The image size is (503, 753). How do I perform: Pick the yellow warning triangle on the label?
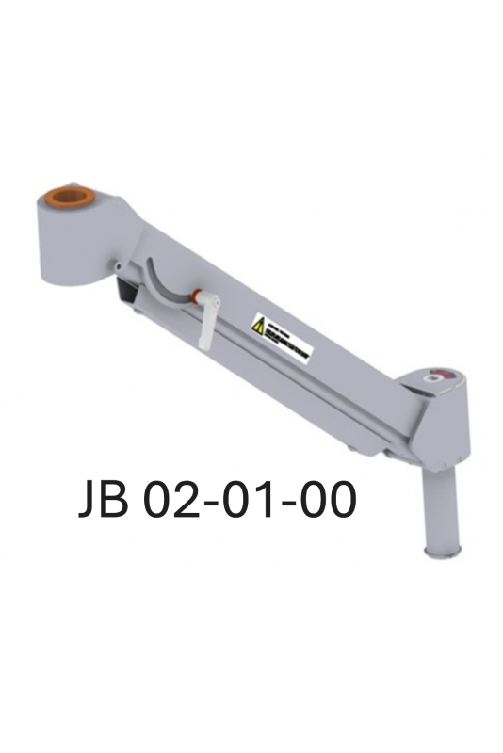pyautogui.click(x=257, y=325)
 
